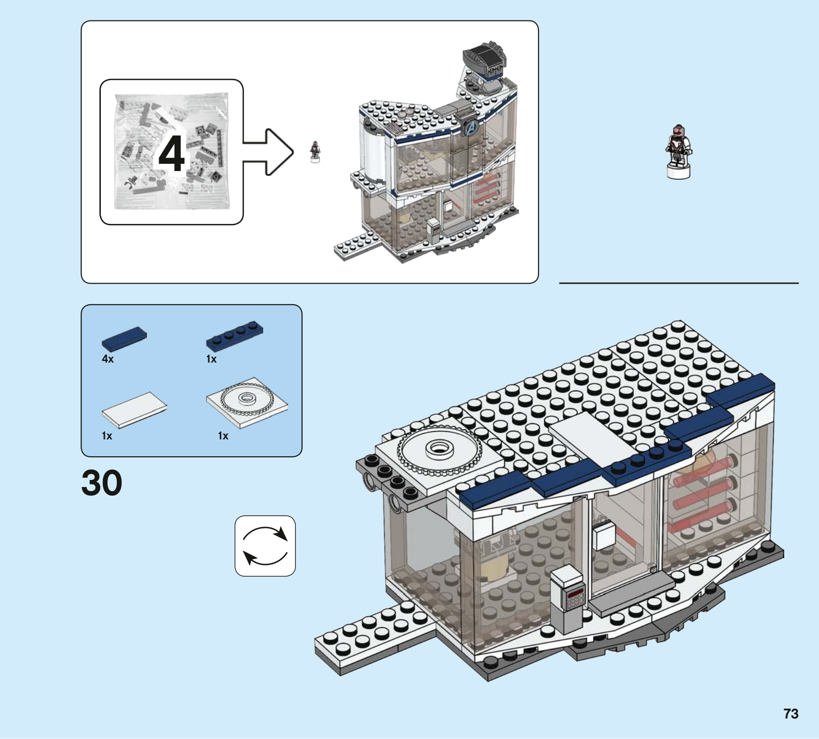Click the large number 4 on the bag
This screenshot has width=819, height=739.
click(x=171, y=154)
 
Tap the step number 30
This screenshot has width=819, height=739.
click(x=102, y=483)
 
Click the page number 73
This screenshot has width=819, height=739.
click(x=790, y=713)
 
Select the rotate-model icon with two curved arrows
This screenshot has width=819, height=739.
click(x=265, y=546)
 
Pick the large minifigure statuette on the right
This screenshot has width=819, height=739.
click(x=678, y=152)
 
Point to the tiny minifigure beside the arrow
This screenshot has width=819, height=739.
click(x=315, y=152)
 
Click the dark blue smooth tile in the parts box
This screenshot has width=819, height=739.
click(x=124, y=339)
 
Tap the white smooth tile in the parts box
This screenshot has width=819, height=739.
click(x=134, y=409)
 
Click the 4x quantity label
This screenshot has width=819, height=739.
click(x=107, y=359)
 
